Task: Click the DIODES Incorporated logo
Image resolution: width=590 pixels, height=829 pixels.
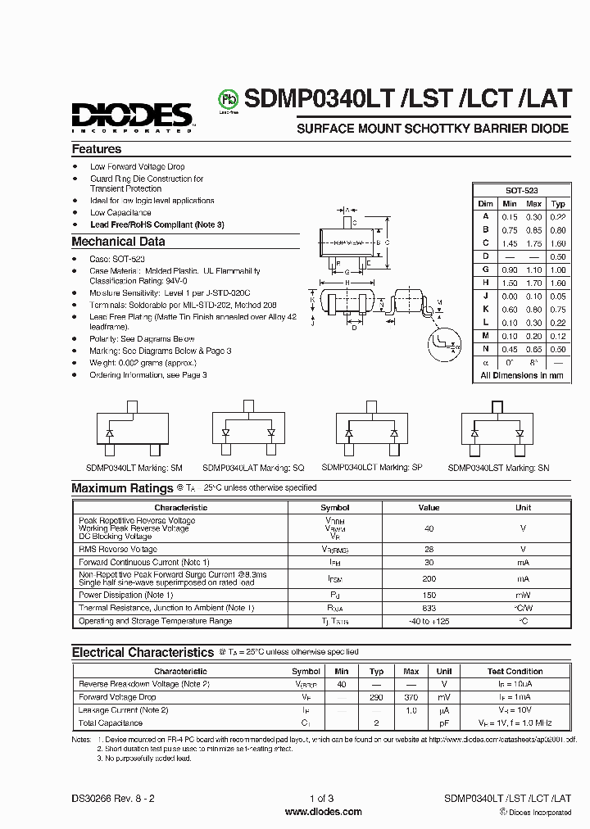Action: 132,116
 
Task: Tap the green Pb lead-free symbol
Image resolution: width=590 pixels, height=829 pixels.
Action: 226,99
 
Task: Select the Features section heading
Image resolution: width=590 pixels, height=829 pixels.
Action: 97,149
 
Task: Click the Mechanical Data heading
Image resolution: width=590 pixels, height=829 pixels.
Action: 118,242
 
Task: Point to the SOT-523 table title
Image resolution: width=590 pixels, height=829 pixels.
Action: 521,189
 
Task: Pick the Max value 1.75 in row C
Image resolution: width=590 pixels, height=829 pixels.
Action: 533,243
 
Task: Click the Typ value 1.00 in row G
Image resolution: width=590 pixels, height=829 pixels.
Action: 558,270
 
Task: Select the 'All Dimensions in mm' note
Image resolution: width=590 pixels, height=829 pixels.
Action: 521,375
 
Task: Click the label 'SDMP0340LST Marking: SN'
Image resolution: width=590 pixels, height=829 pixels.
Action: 498,467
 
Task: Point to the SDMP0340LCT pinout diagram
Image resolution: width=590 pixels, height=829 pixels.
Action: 371,431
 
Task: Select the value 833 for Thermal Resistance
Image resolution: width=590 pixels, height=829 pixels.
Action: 429,608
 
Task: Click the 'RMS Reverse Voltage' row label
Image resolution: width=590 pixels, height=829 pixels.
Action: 118,550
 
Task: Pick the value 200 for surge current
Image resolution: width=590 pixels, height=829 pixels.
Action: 429,578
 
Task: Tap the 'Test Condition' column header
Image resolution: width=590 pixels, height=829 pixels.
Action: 515,671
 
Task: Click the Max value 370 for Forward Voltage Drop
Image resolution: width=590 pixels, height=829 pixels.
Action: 411,697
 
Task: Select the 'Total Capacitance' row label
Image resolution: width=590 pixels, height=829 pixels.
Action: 110,723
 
